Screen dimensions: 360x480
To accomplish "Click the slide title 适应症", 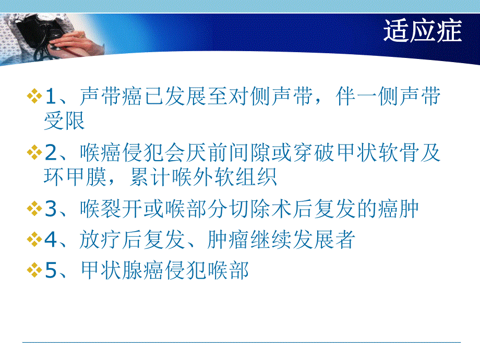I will pyautogui.click(x=422, y=31).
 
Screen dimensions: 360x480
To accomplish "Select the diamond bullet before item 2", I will pyautogui.click(x=34, y=153).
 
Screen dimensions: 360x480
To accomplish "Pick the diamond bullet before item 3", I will pyautogui.click(x=34, y=210).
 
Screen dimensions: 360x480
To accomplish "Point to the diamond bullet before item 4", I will pyautogui.click(x=34, y=240).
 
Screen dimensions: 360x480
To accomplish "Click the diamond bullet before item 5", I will pyautogui.click(x=34, y=270).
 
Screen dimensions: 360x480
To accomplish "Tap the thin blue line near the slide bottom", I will pyautogui.click(x=240, y=342).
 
